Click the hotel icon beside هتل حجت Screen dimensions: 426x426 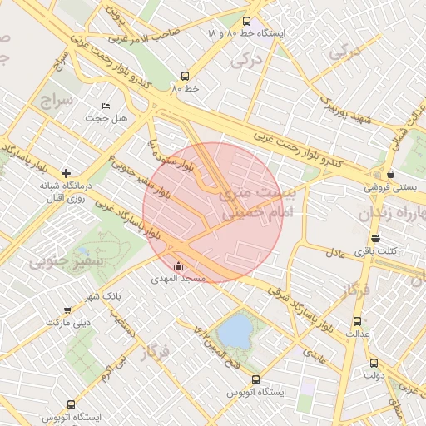[x=105, y=106]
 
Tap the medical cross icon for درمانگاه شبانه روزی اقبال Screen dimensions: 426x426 [x=66, y=173]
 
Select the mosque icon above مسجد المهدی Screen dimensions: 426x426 [x=177, y=266]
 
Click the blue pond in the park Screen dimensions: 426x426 [x=235, y=331]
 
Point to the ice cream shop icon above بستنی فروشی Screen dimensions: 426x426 [x=390, y=174]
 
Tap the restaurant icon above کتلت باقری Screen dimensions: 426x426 [x=374, y=238]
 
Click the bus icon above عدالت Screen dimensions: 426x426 [x=357, y=321]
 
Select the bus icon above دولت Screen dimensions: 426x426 [x=373, y=363]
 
